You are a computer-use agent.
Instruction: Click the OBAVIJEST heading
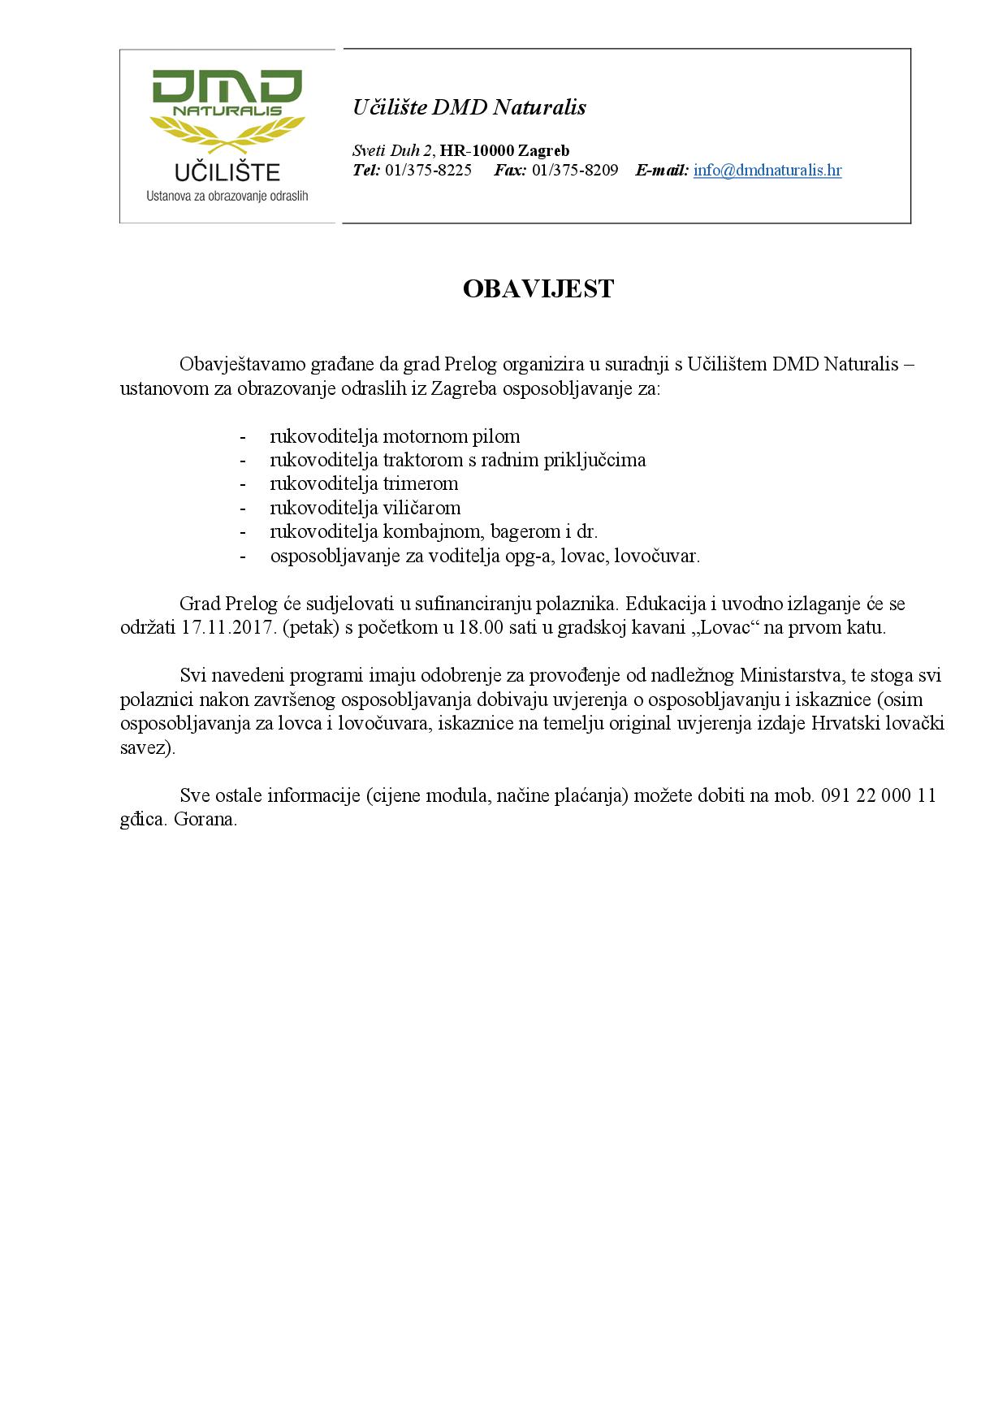click(538, 289)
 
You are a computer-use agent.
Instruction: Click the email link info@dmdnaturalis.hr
click(767, 171)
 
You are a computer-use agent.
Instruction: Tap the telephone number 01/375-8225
click(428, 171)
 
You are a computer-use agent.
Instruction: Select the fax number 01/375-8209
click(575, 171)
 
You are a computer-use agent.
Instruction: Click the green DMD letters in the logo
click(227, 87)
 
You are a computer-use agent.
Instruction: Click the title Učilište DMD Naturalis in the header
click(469, 107)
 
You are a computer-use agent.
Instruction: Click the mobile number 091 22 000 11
click(879, 795)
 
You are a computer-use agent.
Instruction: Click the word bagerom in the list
click(525, 532)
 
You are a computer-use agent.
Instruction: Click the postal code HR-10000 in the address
click(477, 150)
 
